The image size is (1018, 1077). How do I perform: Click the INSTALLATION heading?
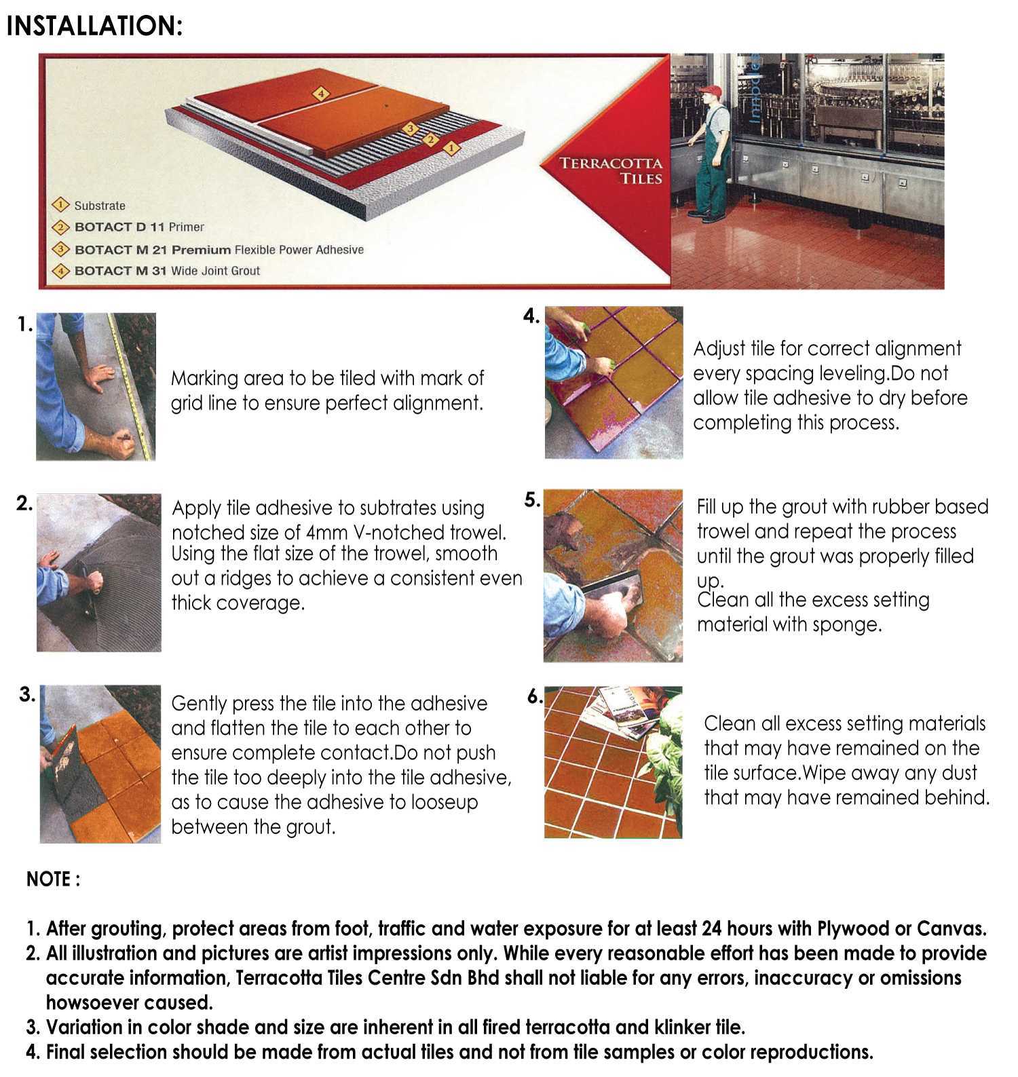[x=94, y=26]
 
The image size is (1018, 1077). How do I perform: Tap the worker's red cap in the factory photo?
[x=710, y=92]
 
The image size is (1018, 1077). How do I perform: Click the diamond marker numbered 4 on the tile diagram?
[x=321, y=94]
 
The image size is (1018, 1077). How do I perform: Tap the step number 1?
[x=25, y=325]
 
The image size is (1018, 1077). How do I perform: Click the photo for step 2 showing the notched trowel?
[x=99, y=573]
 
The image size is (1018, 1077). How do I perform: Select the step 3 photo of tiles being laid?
[x=100, y=764]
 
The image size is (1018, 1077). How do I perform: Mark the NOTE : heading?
[x=54, y=879]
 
